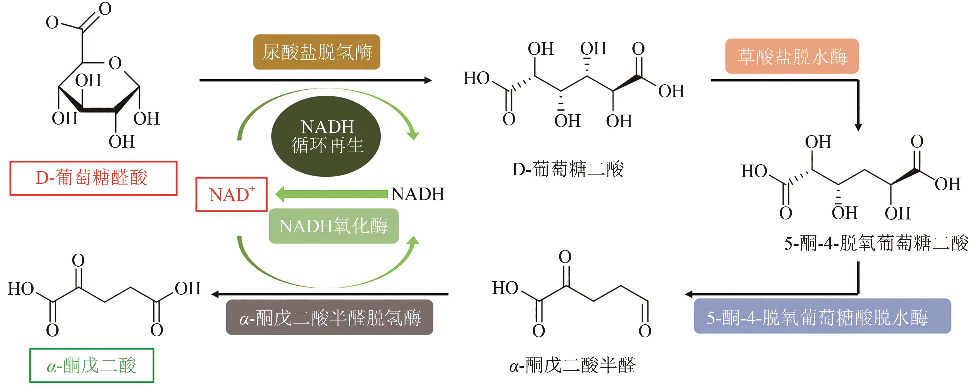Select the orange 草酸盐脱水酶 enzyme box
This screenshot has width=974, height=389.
coord(792,56)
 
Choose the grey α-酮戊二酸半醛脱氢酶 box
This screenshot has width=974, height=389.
coord(329,317)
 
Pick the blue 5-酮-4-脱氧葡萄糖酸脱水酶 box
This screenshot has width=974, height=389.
coord(822,316)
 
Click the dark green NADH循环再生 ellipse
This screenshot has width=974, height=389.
coord(326,136)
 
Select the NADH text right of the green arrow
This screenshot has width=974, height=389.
coord(417,194)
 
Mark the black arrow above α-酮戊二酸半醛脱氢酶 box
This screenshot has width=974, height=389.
coord(329,294)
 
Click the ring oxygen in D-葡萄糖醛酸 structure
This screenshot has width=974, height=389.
coord(115,63)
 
